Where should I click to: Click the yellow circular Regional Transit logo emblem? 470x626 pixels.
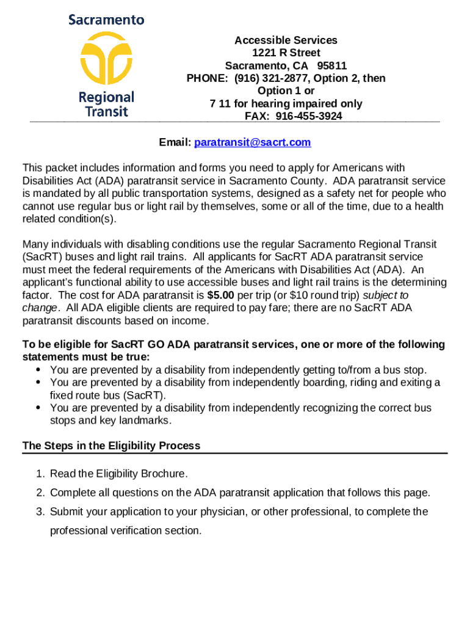click(106, 60)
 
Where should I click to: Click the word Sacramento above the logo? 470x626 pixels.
click(106, 20)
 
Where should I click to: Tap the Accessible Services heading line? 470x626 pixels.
click(286, 40)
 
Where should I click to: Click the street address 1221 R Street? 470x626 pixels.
click(286, 53)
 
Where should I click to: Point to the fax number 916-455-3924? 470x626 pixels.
click(309, 116)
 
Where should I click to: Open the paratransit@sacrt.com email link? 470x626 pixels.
click(252, 142)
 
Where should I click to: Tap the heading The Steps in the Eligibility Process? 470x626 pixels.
click(111, 446)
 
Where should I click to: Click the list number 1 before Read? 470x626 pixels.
click(39, 474)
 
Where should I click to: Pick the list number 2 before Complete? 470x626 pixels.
click(39, 493)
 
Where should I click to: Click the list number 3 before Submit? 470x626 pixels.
click(39, 512)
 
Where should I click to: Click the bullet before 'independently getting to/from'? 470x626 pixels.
click(38, 370)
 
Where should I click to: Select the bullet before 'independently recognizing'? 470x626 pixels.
click(38, 408)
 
